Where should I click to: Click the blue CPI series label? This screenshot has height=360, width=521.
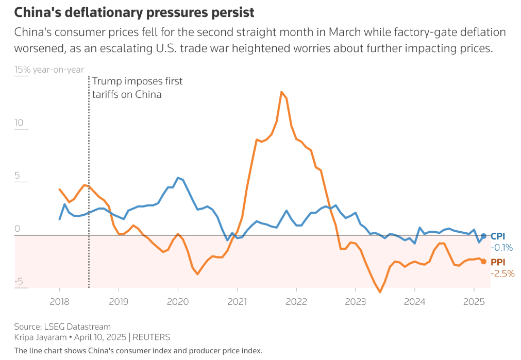(x=498, y=236)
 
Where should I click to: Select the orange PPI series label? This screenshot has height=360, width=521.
(x=498, y=262)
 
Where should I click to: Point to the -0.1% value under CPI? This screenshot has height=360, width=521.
(x=502, y=248)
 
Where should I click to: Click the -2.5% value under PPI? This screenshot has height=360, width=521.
(x=502, y=273)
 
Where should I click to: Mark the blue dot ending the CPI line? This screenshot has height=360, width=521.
(x=483, y=236)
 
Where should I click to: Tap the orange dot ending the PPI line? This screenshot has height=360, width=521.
(x=483, y=262)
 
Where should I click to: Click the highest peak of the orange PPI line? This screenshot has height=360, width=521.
(x=281, y=92)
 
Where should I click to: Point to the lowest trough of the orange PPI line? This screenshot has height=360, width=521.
(x=380, y=292)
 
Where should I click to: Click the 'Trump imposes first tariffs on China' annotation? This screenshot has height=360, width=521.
(x=137, y=88)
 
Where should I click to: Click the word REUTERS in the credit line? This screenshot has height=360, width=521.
(x=152, y=337)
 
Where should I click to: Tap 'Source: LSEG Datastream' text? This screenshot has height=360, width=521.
(x=62, y=327)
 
